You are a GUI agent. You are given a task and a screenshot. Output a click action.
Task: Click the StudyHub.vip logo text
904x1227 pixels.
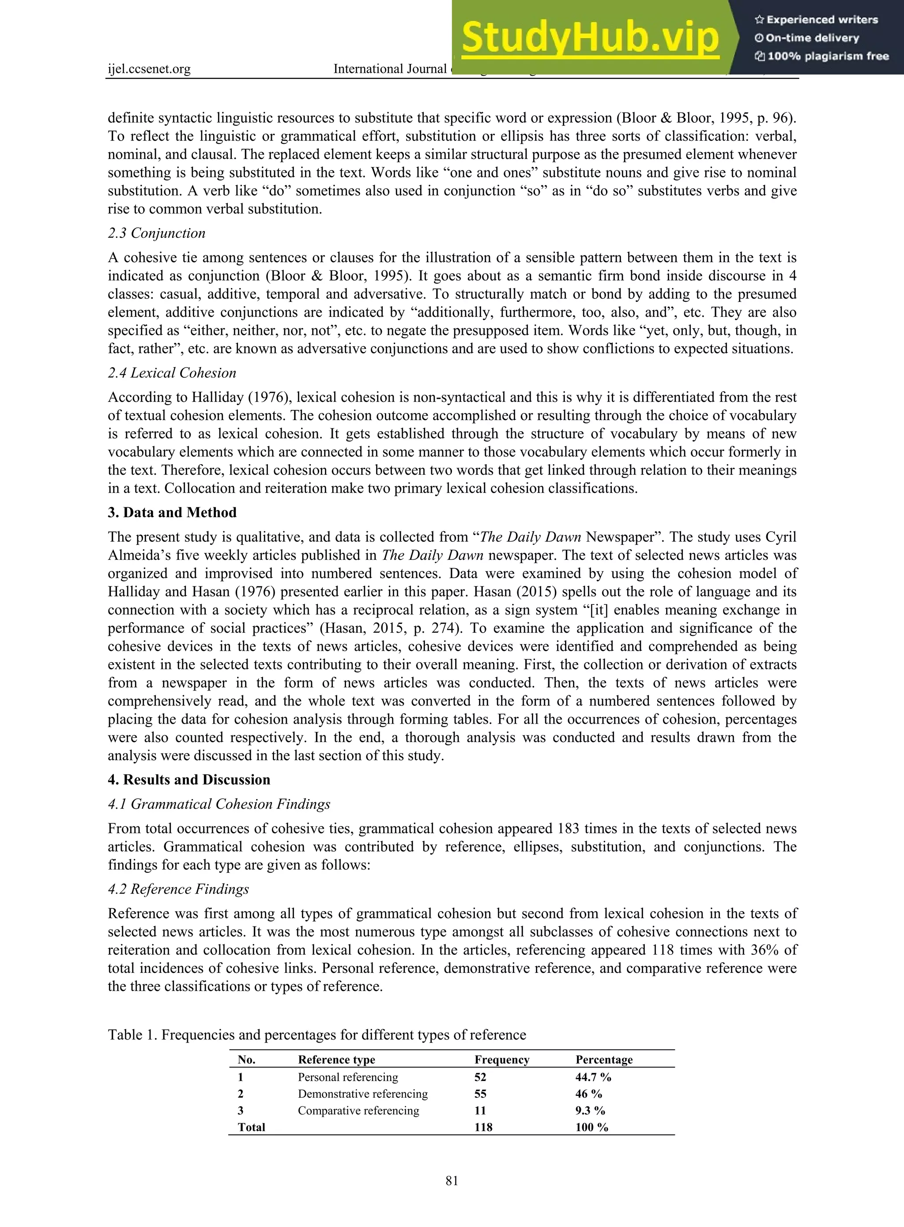point(590,38)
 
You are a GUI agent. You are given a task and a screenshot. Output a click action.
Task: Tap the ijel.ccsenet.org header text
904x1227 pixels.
point(149,69)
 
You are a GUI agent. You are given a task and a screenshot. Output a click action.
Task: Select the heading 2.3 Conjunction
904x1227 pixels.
point(157,233)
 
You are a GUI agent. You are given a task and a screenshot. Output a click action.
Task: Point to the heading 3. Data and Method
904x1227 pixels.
point(172,513)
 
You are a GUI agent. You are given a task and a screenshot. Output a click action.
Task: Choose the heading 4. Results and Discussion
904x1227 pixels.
point(189,780)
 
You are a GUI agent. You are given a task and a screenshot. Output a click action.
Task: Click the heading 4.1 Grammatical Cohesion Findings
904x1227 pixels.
point(219,803)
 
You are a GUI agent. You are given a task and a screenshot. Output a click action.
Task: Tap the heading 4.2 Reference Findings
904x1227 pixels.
point(178,889)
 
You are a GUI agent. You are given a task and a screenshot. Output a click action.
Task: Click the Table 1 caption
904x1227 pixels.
point(316,1035)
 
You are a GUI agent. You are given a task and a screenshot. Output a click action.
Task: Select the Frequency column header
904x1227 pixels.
point(502,1060)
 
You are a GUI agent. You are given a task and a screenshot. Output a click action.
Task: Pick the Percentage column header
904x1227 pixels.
point(603,1060)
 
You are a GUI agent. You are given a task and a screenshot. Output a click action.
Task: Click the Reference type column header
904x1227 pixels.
point(336,1060)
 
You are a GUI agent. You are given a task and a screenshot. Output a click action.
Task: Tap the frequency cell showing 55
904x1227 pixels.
point(480,1093)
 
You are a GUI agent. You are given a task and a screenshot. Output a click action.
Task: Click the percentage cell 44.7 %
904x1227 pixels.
point(593,1077)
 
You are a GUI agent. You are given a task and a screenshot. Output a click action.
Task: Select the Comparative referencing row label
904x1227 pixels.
point(358,1111)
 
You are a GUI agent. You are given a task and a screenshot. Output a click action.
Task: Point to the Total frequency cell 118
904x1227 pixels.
point(483,1127)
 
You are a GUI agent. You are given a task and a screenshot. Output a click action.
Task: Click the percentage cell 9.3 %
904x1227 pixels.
point(590,1111)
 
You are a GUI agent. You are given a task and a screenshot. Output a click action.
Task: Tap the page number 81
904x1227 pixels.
point(452,1181)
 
